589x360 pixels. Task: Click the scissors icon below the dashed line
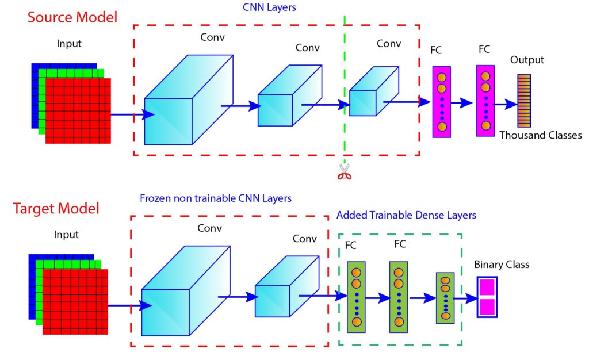(344, 172)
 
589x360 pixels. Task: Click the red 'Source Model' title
(72, 17)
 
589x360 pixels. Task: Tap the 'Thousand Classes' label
(540, 136)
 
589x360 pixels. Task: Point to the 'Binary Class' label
(502, 265)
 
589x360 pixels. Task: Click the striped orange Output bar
(523, 101)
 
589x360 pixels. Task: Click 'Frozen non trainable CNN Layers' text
(215, 198)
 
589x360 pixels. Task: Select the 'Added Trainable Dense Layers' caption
(406, 215)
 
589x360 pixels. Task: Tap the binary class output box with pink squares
(487, 297)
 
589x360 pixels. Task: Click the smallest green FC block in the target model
(445, 297)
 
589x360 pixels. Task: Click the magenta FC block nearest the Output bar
(485, 101)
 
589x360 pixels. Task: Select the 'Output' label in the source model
(527, 60)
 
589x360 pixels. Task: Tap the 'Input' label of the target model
(66, 235)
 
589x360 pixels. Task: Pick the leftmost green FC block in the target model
(356, 297)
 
